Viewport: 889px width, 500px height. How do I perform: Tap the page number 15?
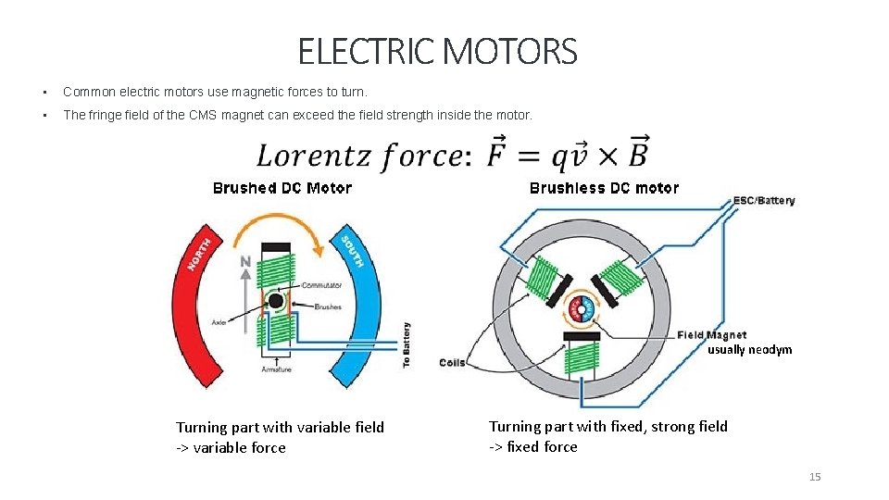click(815, 477)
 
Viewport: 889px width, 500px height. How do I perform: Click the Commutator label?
click(321, 285)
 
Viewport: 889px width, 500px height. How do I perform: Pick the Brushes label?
click(328, 306)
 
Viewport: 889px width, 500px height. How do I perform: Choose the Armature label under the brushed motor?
click(277, 369)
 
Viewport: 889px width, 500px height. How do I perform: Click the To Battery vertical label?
click(407, 345)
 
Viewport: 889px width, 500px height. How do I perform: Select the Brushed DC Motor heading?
click(282, 188)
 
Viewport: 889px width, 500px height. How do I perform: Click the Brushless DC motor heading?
click(604, 188)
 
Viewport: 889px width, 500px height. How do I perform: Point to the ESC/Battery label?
click(764, 201)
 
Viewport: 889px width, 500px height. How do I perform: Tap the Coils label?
click(452, 363)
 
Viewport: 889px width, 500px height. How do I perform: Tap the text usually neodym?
click(750, 350)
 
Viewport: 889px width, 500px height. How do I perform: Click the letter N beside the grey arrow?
click(245, 262)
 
